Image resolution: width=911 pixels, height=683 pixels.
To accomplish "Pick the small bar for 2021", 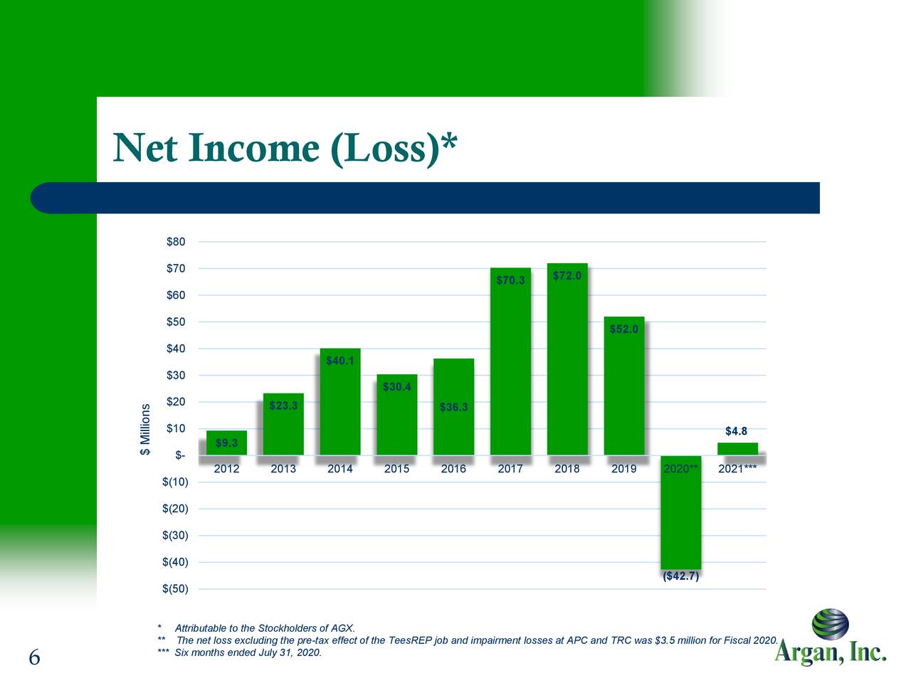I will tap(737, 449).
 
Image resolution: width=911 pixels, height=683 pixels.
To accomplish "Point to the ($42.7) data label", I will tap(680, 576).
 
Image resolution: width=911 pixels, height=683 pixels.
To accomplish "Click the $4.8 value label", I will tap(736, 431).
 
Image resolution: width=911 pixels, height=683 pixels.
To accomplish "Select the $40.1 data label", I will tap(340, 361).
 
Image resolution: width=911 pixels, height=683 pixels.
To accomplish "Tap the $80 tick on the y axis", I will tap(176, 242).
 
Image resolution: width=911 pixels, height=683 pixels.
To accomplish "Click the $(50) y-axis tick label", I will tap(175, 589).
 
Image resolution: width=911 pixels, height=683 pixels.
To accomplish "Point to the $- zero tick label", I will tap(180, 455).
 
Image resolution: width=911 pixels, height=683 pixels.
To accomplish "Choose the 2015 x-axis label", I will tap(396, 469).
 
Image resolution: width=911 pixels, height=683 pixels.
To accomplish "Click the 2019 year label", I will tap(623, 469).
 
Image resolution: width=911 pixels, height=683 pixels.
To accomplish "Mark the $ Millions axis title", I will tap(146, 430).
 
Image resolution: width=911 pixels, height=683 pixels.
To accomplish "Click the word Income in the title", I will tap(253, 148).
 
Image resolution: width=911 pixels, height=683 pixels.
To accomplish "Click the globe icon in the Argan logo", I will tap(830, 624).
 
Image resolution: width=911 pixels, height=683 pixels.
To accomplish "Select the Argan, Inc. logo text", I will tap(830, 652).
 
